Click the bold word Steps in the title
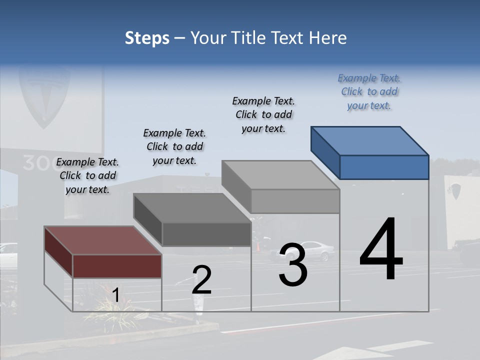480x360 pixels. [x=147, y=38]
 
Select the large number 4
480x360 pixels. [x=381, y=250]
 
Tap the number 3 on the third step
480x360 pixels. [x=292, y=265]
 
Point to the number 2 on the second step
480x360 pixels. [x=201, y=279]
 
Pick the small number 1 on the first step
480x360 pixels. [x=115, y=295]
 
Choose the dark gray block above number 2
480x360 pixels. [x=193, y=220]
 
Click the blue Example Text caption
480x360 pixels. [x=369, y=91]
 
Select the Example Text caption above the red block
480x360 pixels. [x=87, y=175]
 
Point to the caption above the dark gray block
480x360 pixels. [x=174, y=146]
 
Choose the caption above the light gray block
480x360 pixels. [x=263, y=114]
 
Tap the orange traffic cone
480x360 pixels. [x=258, y=247]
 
